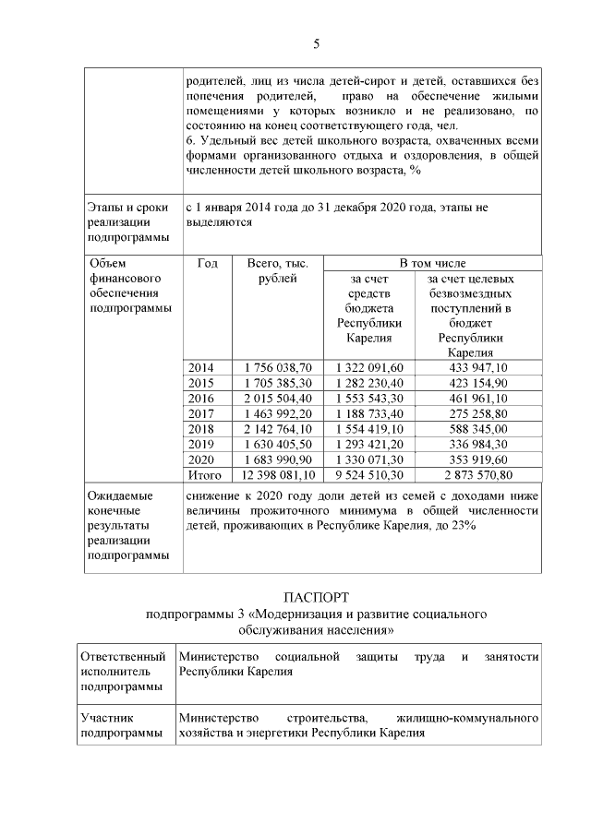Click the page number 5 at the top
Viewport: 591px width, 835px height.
tap(316, 44)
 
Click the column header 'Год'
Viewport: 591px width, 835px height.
tap(208, 264)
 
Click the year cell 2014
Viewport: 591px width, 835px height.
tap(200, 367)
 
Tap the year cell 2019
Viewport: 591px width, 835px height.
tap(200, 444)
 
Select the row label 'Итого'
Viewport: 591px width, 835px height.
tap(204, 475)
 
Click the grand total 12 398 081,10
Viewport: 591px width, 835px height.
tap(275, 475)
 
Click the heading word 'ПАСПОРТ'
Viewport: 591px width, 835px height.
tap(316, 597)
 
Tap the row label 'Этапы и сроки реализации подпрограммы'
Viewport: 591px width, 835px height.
tap(128, 222)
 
